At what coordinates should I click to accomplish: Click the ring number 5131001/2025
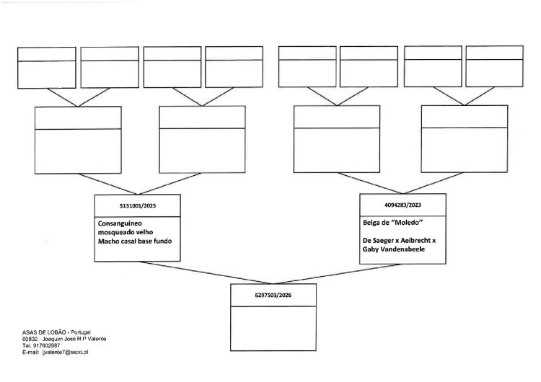coord(138,206)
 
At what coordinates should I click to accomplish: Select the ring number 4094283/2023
coord(403,205)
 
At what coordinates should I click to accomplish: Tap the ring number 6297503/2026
coord(273,295)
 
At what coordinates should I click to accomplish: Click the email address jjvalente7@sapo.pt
coord(65,352)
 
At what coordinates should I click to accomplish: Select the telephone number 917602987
coord(46,345)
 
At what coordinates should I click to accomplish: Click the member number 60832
coord(30,339)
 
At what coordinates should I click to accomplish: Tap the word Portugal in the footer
coord(81,332)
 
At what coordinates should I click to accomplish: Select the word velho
coord(144,232)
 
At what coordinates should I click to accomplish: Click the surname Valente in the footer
coord(97,339)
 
